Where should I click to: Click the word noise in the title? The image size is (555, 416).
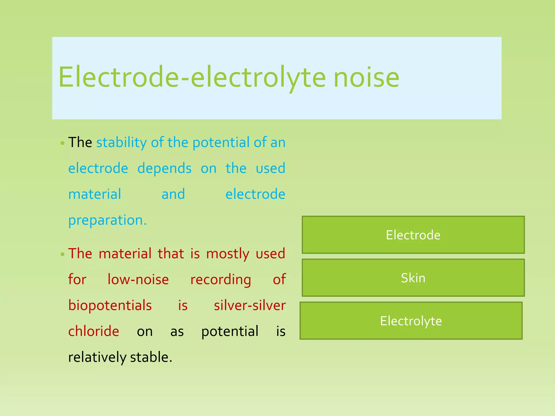tap(366, 78)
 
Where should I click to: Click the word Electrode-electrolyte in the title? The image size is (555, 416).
tap(192, 78)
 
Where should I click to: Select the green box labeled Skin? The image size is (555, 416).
tap(413, 278)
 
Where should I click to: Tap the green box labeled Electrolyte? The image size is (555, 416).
tap(411, 321)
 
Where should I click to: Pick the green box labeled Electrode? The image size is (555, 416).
tap(413, 235)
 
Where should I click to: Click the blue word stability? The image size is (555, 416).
tap(121, 142)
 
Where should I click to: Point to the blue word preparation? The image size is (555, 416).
tap(107, 220)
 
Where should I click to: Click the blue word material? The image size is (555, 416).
tap(95, 194)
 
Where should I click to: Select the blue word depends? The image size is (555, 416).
tap(164, 168)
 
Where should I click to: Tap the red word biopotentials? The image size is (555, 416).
tap(110, 305)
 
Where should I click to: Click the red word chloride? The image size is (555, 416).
tap(93, 331)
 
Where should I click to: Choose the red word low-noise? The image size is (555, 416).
tap(138, 279)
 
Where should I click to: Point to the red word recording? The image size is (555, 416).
tap(221, 279)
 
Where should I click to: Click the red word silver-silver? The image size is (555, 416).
tap(250, 305)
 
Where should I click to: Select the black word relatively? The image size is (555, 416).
tap(97, 357)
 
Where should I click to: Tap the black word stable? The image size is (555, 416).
tap(151, 357)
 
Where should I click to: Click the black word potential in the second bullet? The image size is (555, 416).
tap(230, 331)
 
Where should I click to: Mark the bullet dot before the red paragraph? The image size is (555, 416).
tap(63, 254)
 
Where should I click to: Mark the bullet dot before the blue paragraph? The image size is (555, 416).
tap(63, 143)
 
